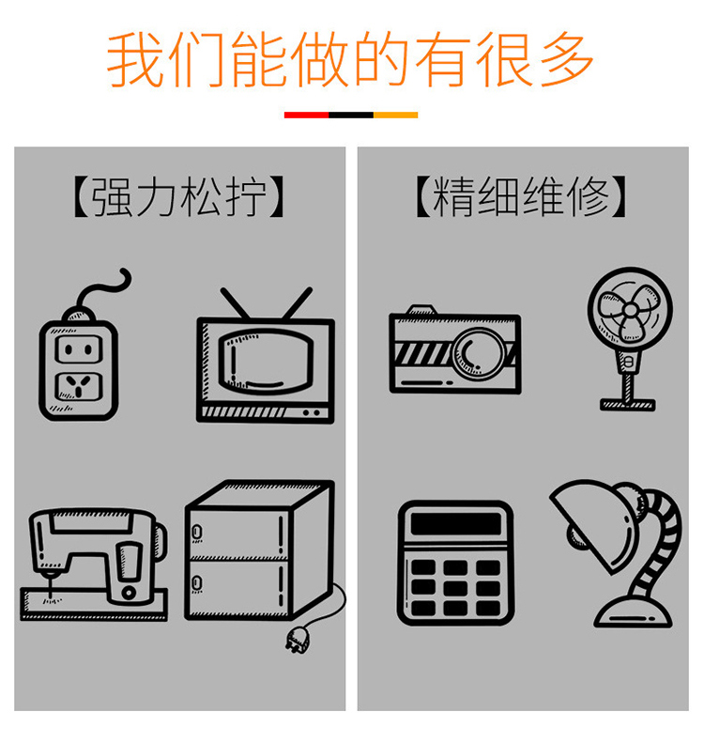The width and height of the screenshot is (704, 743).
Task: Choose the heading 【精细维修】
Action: tap(520, 198)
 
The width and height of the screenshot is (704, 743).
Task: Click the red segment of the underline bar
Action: tap(306, 115)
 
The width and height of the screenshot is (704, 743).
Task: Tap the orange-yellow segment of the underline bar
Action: tap(395, 115)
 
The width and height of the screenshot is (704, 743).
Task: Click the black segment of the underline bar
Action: tap(351, 115)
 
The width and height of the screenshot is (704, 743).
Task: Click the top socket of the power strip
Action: tap(78, 348)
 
